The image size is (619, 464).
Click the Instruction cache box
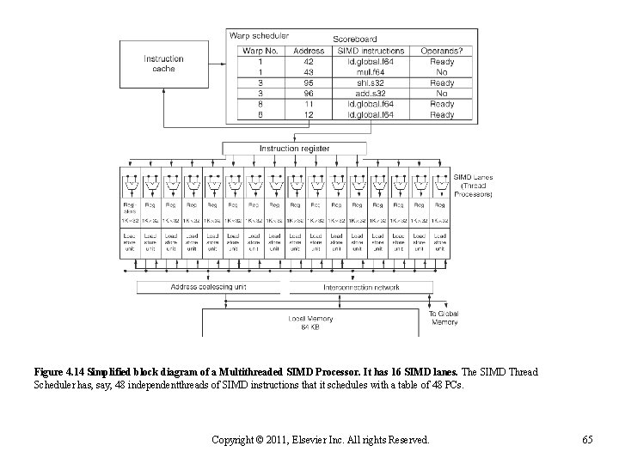click(x=164, y=64)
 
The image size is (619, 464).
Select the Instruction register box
click(x=294, y=149)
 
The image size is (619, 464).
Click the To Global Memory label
click(x=444, y=318)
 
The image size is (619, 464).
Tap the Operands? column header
click(x=442, y=52)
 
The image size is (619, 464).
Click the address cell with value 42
click(x=309, y=62)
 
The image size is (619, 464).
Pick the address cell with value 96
click(x=309, y=93)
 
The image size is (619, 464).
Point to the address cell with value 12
click(x=309, y=114)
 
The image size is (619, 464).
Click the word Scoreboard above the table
click(x=356, y=40)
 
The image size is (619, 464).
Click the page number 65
click(x=587, y=440)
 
